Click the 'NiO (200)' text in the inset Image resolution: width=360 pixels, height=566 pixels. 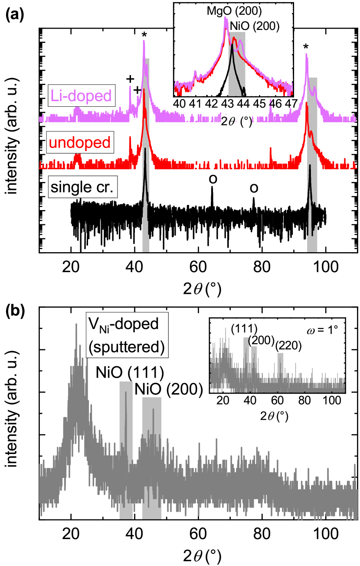point(255,26)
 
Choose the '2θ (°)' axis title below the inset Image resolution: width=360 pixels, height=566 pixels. point(236,122)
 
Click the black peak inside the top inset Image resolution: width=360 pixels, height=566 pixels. point(232,54)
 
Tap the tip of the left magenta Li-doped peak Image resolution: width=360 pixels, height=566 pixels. point(144,41)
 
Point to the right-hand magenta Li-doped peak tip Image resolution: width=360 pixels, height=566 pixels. point(307,55)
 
